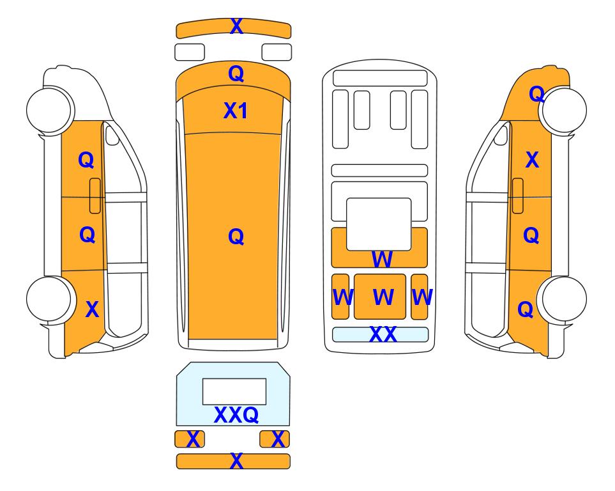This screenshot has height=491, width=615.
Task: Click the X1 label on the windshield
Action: [235, 111]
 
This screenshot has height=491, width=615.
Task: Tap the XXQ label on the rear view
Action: [236, 414]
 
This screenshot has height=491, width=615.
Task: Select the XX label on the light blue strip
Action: [383, 334]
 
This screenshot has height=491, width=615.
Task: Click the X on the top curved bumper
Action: [236, 26]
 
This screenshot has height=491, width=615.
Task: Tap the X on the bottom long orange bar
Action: [236, 461]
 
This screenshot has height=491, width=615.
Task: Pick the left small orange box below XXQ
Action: [190, 439]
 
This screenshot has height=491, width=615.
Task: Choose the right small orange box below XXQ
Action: [275, 439]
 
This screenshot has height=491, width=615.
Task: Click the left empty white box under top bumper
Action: [190, 52]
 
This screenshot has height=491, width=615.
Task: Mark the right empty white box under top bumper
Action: [277, 52]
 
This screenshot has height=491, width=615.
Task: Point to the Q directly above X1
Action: [236, 74]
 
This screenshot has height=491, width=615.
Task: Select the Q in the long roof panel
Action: [236, 237]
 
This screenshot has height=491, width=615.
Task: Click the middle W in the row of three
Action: [383, 297]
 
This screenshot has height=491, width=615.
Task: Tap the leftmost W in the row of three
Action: [343, 297]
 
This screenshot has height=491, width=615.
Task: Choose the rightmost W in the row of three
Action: [422, 297]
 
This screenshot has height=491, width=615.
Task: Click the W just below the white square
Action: [382, 260]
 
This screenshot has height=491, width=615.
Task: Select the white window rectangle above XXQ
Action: [234, 392]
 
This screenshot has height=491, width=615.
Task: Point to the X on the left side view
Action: [92, 309]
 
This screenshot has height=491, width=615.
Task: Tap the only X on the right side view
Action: [532, 160]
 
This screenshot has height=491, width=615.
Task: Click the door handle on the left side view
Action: [95, 196]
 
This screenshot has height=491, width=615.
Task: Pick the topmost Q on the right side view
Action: [536, 94]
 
